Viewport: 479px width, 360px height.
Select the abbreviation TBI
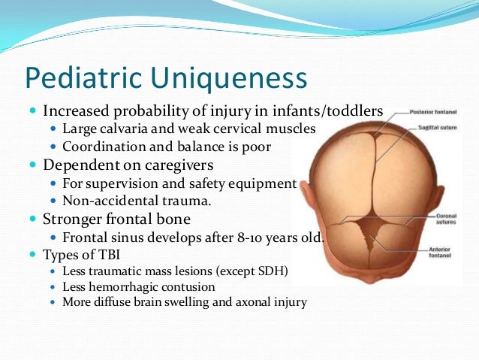point(106,255)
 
